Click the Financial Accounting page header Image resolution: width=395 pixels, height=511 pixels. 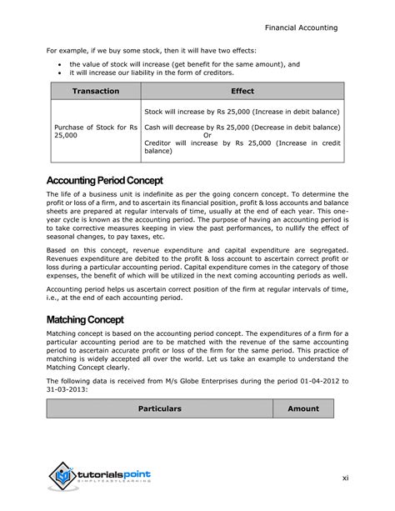[301, 28]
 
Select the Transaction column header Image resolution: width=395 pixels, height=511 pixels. [95, 91]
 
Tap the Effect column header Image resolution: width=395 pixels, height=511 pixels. [242, 91]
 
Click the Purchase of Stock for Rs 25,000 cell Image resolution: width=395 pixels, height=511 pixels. [94, 132]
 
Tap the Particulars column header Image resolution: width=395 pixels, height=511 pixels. [159, 408]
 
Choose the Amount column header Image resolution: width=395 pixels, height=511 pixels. [303, 408]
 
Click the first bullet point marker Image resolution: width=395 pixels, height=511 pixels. [59, 64]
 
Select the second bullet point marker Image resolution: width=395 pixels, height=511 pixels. [59, 73]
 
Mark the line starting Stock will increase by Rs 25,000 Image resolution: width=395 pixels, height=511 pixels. [242, 111]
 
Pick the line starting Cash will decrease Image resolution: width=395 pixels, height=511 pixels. [242, 127]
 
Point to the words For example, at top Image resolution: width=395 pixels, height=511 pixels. [69, 49]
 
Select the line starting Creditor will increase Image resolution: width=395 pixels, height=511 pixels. [242, 143]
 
